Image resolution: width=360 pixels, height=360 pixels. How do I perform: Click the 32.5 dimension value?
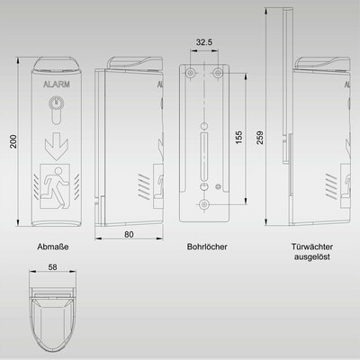pos(205,42)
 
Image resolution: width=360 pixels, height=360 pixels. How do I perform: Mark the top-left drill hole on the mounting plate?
pos(191,71)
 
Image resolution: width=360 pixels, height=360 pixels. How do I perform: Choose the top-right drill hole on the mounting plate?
pos(219,71)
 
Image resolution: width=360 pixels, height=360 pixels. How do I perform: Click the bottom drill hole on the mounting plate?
pos(204,206)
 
